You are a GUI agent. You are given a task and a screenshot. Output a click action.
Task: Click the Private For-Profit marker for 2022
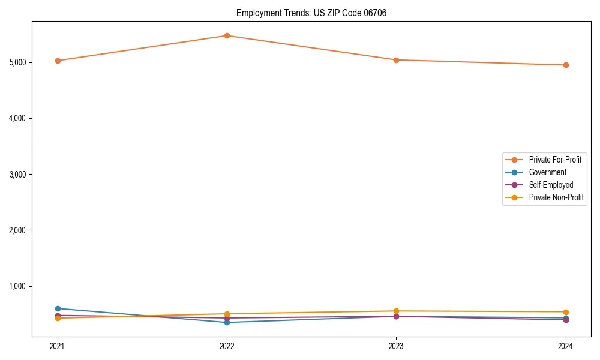click(x=227, y=35)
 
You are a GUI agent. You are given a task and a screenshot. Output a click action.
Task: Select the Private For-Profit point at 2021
click(x=58, y=61)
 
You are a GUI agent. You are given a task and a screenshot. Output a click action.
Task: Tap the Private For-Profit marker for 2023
click(x=396, y=60)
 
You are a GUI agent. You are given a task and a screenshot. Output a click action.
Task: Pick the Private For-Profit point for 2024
click(x=565, y=65)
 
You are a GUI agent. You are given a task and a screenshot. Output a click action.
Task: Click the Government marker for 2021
click(x=58, y=308)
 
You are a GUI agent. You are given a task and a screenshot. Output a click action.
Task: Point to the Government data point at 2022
click(x=227, y=322)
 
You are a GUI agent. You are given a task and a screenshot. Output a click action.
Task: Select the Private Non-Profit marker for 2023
click(x=396, y=311)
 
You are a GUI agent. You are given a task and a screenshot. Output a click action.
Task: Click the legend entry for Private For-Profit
click(x=555, y=160)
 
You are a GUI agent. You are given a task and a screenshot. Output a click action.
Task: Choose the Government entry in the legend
click(x=547, y=172)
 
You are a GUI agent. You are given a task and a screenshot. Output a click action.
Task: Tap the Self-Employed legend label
click(x=551, y=185)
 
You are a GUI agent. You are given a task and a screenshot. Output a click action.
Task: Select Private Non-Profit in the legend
click(x=556, y=197)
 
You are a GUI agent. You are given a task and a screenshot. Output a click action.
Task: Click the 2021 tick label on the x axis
click(x=58, y=346)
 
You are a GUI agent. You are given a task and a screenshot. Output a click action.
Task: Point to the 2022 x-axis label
click(x=227, y=346)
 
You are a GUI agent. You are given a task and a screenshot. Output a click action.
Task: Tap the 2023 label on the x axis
click(x=396, y=346)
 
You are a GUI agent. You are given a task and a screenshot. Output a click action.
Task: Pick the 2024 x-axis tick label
click(x=565, y=346)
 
